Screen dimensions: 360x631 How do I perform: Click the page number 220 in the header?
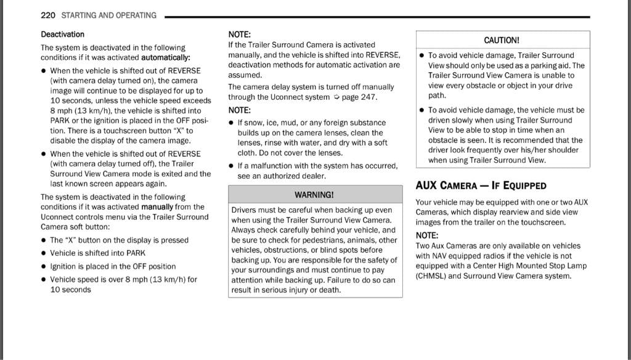point(49,15)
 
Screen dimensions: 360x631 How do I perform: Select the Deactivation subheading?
point(63,34)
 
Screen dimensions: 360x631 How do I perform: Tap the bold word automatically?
point(166,57)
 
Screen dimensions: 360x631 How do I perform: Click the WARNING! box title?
point(314,194)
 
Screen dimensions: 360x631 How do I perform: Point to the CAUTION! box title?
point(502,40)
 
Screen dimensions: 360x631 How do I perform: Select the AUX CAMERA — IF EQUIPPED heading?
point(481,185)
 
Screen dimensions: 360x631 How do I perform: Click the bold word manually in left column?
point(157,207)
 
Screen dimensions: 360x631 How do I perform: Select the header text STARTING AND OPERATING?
point(109,15)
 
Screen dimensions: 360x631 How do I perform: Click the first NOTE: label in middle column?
point(239,35)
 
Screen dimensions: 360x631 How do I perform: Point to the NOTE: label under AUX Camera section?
point(427,235)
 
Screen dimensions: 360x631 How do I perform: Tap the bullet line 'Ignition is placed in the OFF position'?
point(113,266)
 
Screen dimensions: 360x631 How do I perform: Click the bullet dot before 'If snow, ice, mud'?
point(231,123)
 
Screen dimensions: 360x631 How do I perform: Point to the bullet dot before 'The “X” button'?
point(44,240)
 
